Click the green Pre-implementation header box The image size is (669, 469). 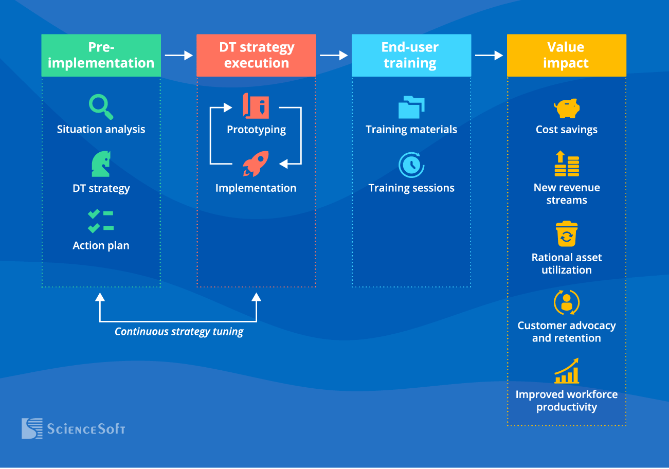pyautogui.click(x=101, y=56)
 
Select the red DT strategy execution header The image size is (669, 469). pyautogui.click(x=256, y=56)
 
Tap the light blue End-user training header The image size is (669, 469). pyautogui.click(x=411, y=56)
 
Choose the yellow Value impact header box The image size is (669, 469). pyautogui.click(x=566, y=56)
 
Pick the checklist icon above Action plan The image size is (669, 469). pyautogui.click(x=101, y=221)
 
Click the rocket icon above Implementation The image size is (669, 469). pyautogui.click(x=256, y=164)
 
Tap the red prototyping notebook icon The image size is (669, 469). pyautogui.click(x=256, y=106)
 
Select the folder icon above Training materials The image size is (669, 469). pyautogui.click(x=411, y=107)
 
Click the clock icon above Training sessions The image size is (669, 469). pyautogui.click(x=411, y=165)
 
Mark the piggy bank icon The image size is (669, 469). pyautogui.click(x=567, y=109)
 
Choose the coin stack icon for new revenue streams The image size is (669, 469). pyautogui.click(x=567, y=164)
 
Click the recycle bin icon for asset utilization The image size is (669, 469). pyautogui.click(x=567, y=234)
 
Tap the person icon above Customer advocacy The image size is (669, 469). pyautogui.click(x=567, y=302)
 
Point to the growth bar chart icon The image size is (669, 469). pyautogui.click(x=567, y=371)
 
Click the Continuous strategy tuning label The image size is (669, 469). pyautogui.click(x=179, y=332)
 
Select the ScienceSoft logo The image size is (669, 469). pyautogui.click(x=73, y=428)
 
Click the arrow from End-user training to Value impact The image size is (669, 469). pyautogui.click(x=489, y=55)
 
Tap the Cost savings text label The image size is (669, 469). pyautogui.click(x=567, y=130)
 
